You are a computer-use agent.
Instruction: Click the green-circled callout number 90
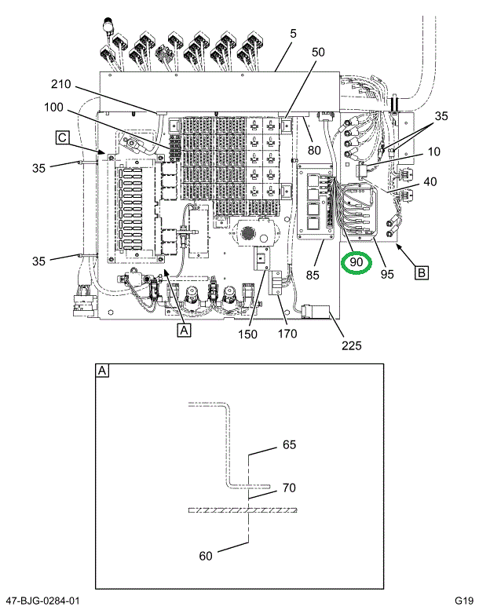[x=357, y=261]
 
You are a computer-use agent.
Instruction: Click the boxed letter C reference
[x=61, y=138]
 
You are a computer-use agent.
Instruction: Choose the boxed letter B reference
[x=421, y=273]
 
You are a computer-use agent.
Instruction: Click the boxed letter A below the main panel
[x=184, y=331]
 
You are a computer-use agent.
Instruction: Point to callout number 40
[x=430, y=183]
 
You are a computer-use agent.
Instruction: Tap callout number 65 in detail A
[x=289, y=445]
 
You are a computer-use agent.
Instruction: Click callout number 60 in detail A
[x=206, y=557]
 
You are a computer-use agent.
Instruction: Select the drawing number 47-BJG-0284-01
[x=41, y=601]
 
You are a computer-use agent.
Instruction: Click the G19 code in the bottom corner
[x=461, y=601]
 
